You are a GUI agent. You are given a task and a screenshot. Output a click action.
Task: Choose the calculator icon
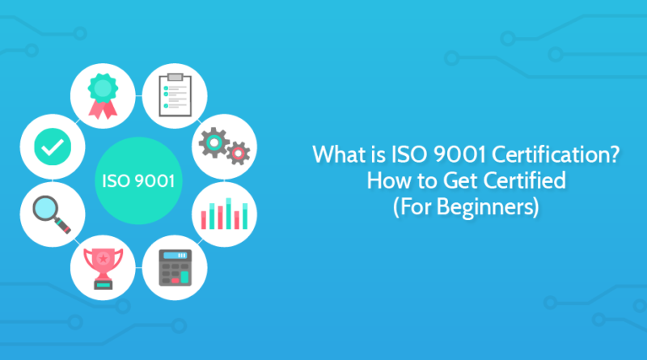click(172, 268)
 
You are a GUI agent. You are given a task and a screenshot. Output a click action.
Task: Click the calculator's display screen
click(172, 256)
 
